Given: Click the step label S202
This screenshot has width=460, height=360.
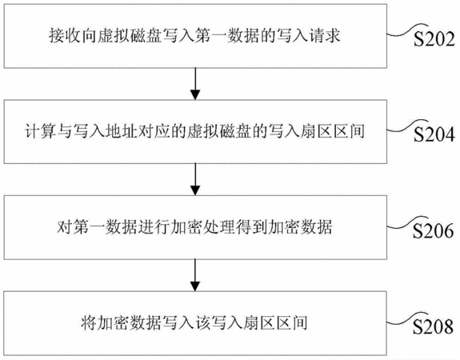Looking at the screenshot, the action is coord(434,38).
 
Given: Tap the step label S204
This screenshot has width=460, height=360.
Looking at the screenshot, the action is coord(434,134).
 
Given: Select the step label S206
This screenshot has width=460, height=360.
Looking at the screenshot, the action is coord(434,230).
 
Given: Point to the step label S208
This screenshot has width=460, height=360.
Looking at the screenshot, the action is coord(434,326).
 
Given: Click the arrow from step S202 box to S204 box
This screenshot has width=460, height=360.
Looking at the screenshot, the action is coord(195,84).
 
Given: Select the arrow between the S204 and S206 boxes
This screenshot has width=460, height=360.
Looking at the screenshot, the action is coord(195,179).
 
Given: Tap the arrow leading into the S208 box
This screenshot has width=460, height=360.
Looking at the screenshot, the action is coord(195,275).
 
